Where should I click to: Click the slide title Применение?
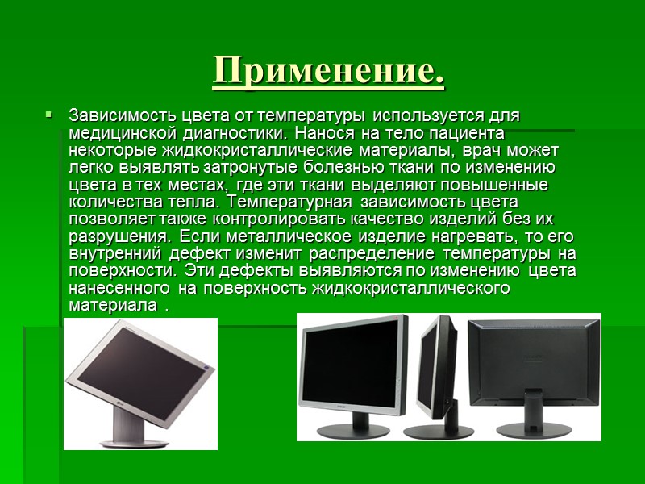pyautogui.click(x=328, y=73)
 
